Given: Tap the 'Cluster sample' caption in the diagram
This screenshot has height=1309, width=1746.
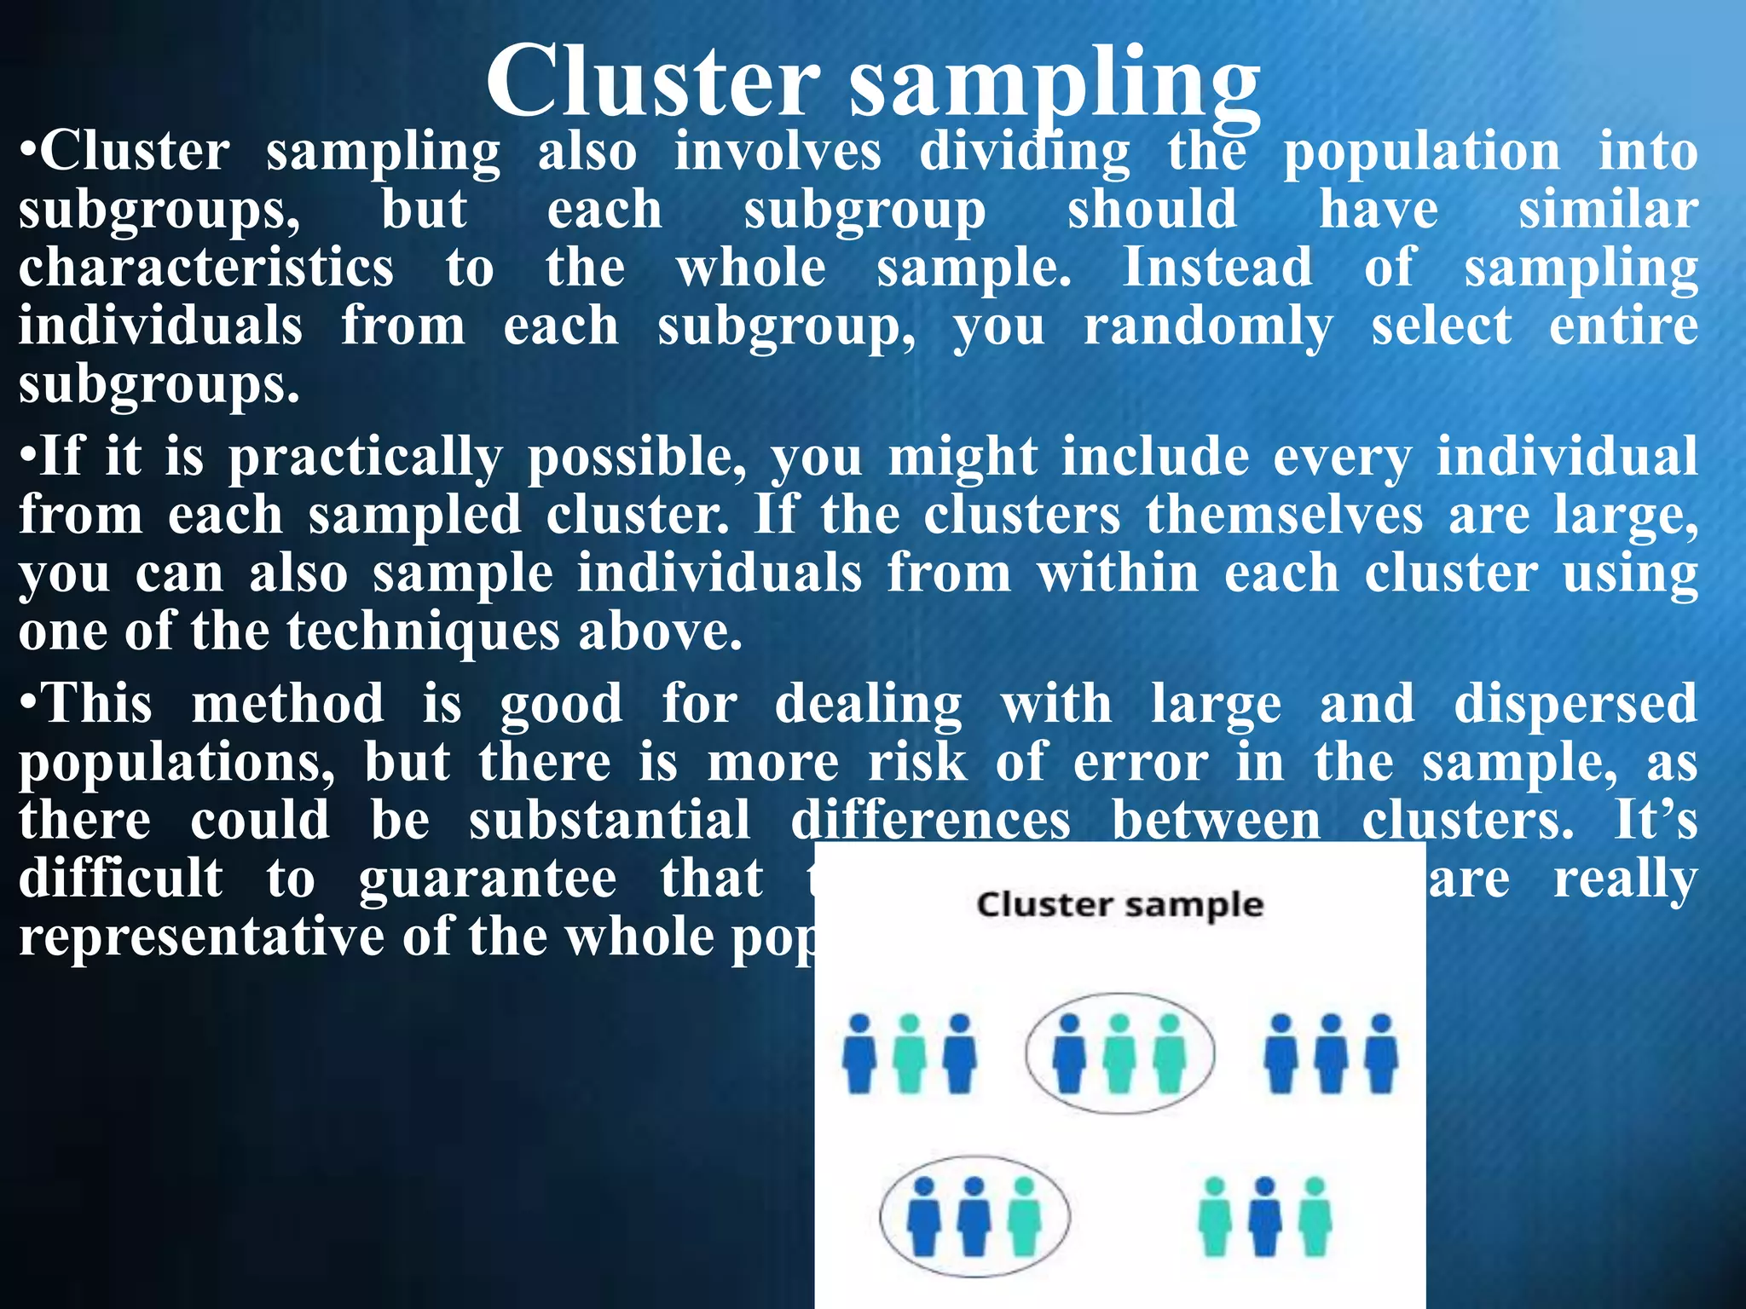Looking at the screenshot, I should (1119, 905).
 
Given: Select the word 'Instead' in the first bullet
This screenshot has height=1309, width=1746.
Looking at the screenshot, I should (1217, 268).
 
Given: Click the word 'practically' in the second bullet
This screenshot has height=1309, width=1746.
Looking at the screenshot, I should (365, 458).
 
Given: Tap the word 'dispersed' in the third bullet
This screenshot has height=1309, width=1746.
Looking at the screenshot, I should (1575, 704).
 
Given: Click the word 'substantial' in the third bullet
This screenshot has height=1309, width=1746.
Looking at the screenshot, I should (610, 820).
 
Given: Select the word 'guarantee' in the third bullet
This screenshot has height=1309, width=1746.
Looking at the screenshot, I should (487, 879).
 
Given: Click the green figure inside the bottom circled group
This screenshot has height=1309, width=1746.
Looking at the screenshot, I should (1024, 1216).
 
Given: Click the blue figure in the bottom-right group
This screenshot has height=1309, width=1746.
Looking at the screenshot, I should (1265, 1216).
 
